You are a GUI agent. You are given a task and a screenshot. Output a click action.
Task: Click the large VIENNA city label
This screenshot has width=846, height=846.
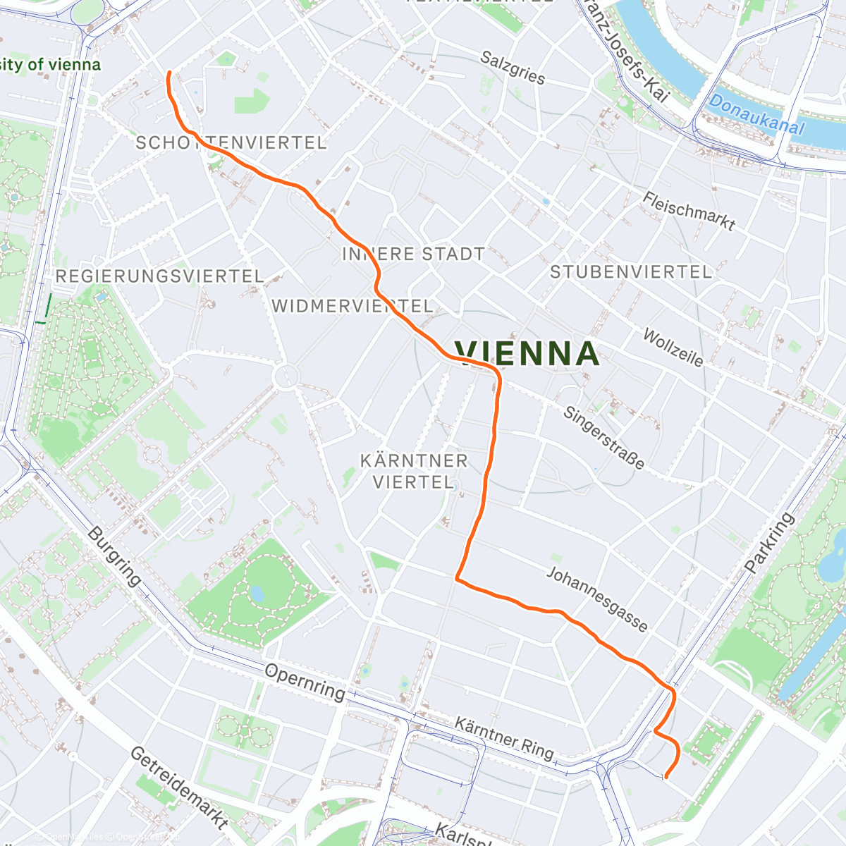click(x=527, y=353)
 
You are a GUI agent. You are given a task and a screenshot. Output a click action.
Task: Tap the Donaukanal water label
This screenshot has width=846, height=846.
click(x=756, y=115)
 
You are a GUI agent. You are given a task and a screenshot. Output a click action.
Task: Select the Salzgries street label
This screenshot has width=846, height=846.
click(x=513, y=68)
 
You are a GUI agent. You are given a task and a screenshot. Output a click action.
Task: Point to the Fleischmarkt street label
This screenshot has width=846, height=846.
click(x=689, y=211)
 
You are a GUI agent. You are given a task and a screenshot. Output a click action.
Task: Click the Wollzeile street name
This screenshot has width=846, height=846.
click(x=673, y=348)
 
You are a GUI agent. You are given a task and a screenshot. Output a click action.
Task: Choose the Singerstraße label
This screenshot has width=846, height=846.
click(x=603, y=438)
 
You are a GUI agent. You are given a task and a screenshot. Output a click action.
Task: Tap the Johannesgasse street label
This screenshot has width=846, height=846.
click(x=596, y=599)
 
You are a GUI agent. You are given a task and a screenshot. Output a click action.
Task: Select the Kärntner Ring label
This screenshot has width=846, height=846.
click(x=503, y=737)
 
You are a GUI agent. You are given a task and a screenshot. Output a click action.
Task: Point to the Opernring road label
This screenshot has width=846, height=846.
click(x=305, y=681)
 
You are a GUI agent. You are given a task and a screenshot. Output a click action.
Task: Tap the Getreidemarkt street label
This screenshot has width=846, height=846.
click(x=179, y=787)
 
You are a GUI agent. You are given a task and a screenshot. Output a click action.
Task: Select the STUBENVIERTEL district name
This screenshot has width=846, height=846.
click(x=631, y=272)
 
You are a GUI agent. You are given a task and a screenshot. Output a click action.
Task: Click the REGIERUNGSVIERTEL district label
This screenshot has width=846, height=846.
click(x=159, y=276)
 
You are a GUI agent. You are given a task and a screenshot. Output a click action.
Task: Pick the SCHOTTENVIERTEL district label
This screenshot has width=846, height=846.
click(x=231, y=143)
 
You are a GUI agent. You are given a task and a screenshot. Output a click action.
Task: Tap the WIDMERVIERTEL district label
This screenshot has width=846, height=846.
click(x=352, y=307)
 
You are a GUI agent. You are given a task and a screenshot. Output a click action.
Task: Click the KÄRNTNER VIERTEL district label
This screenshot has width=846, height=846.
click(x=414, y=472)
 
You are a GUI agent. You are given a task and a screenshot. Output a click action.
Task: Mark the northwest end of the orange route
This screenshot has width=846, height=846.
click(x=168, y=73)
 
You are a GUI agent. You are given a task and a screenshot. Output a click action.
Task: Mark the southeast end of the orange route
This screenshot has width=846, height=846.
click(x=666, y=777)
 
